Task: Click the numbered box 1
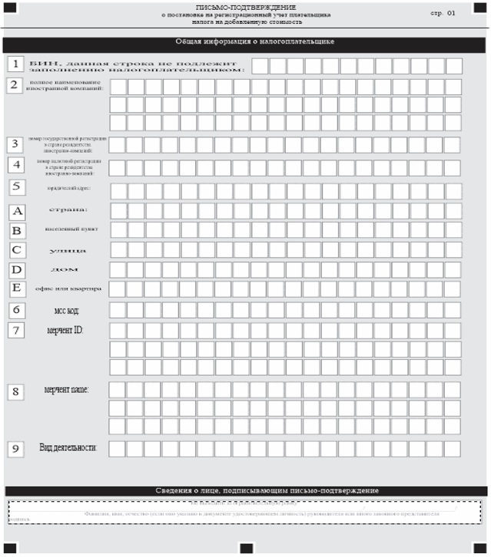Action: tap(15, 64)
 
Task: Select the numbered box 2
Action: tap(14, 84)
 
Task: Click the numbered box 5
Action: tap(15, 186)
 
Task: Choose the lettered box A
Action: tap(17, 210)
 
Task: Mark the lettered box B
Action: tap(17, 229)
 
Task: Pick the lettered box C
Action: tap(17, 249)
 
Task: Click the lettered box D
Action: tap(17, 269)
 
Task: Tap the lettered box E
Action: tap(17, 288)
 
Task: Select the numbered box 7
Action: tap(15, 330)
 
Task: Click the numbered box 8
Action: tap(15, 391)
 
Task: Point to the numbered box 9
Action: tap(15, 449)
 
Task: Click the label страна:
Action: tap(68, 209)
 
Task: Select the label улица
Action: tap(68, 250)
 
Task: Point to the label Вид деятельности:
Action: tap(68, 447)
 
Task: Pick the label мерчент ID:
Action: tap(66, 329)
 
